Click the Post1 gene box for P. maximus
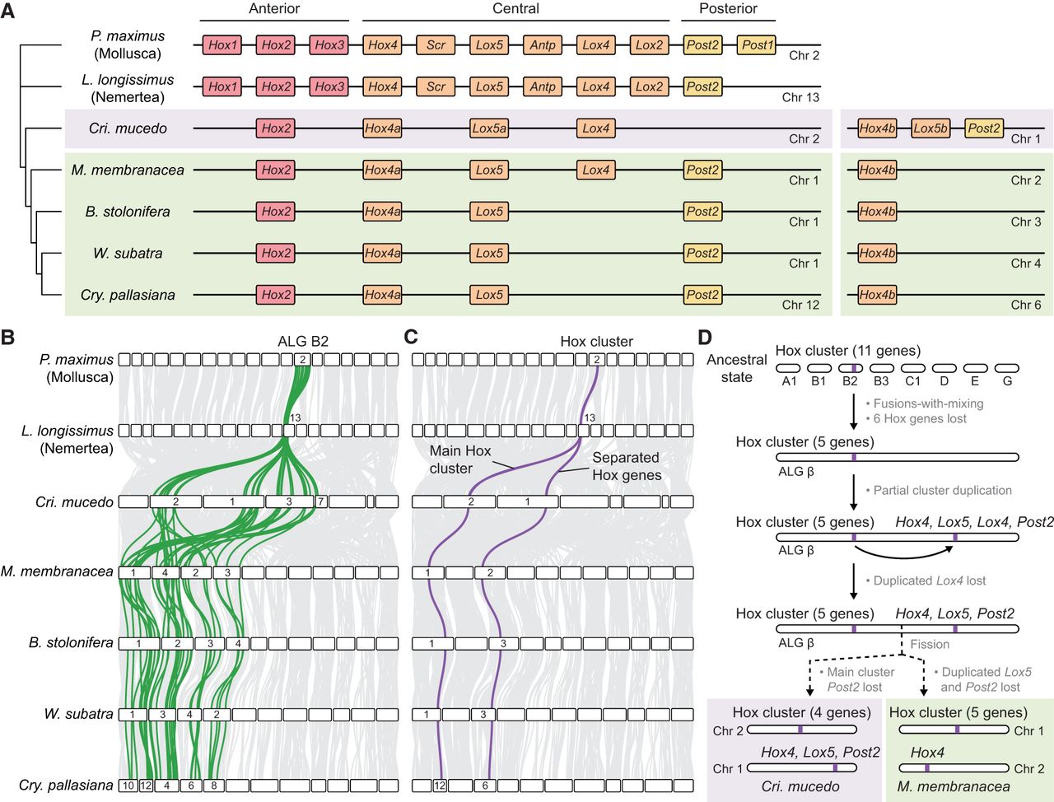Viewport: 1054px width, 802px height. (757, 45)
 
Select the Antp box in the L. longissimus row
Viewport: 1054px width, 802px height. (543, 86)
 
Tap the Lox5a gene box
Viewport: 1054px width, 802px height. (489, 128)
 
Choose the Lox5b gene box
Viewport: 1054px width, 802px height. (930, 128)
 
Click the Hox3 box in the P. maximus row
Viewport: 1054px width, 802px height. (329, 45)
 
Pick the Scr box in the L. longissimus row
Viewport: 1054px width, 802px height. (436, 86)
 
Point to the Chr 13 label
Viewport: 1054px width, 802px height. (800, 97)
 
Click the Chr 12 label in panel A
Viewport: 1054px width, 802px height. (800, 305)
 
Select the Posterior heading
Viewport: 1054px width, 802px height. (728, 9)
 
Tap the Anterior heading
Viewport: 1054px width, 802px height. (274, 9)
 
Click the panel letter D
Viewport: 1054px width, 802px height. (706, 338)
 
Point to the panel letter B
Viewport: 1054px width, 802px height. (7, 338)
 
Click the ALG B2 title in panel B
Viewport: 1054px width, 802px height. (303, 341)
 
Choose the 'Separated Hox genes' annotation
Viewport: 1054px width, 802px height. (626, 466)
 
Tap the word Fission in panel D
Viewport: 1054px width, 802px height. (930, 644)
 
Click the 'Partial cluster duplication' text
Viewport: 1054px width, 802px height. (938, 490)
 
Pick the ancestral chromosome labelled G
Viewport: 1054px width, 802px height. (1007, 369)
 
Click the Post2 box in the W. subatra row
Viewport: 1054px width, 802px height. (702, 253)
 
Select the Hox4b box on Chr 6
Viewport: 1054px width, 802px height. (877, 295)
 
